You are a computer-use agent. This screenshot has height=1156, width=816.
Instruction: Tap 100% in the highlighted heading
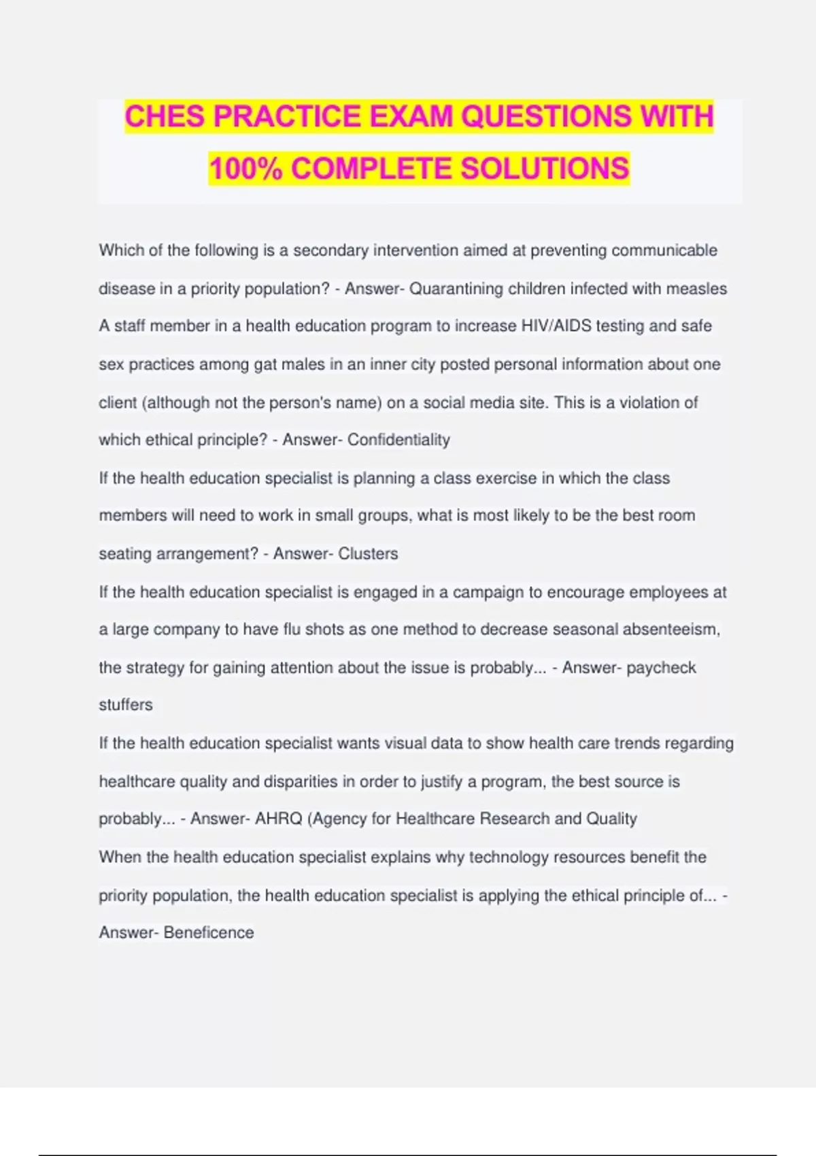pyautogui.click(x=245, y=169)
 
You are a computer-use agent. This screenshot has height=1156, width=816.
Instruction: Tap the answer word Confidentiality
pyautogui.click(x=398, y=440)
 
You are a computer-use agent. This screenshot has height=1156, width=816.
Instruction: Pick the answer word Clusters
pyautogui.click(x=368, y=554)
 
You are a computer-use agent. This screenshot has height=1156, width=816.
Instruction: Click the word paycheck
pyautogui.click(x=661, y=668)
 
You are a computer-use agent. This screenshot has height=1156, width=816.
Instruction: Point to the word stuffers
pyautogui.click(x=126, y=705)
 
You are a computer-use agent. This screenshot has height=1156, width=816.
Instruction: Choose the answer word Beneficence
pyautogui.click(x=209, y=933)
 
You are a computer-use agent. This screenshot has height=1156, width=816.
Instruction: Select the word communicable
pyautogui.click(x=664, y=250)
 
